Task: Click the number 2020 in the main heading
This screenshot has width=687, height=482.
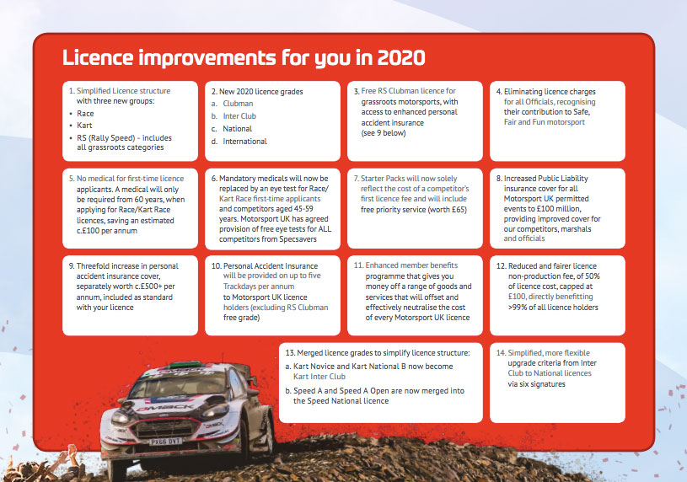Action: [x=401, y=58]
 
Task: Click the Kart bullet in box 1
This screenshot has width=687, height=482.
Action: [x=84, y=126]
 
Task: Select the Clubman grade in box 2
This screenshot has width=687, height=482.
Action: [x=238, y=104]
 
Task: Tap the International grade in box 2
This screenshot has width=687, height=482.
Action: [x=245, y=141]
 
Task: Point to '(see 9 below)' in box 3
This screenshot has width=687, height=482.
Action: [x=384, y=133]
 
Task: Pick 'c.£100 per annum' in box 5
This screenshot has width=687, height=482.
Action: [x=107, y=231]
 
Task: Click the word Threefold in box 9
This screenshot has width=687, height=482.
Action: [x=93, y=266]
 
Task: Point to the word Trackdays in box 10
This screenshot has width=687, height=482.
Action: [x=239, y=287]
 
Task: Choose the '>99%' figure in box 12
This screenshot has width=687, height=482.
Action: [x=517, y=308]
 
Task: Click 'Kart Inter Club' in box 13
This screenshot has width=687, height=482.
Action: [x=319, y=377]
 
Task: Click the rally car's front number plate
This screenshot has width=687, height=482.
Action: [x=165, y=442]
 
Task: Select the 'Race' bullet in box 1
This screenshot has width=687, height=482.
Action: [x=85, y=114]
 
